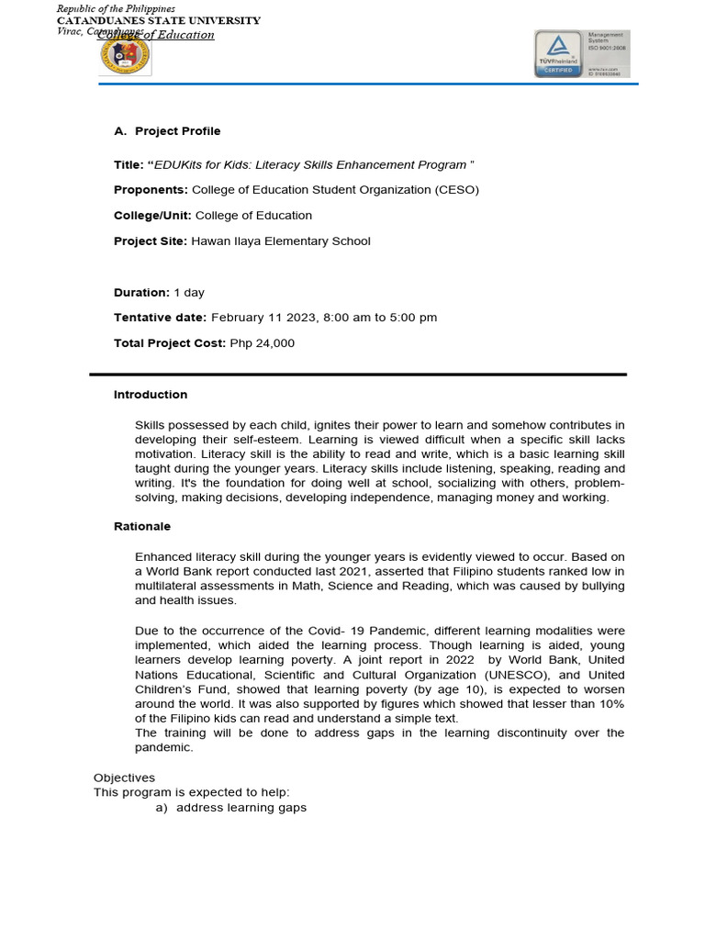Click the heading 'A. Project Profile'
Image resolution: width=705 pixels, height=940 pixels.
167,131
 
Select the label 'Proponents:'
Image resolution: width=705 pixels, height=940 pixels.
151,190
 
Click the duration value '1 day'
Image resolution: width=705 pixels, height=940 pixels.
189,293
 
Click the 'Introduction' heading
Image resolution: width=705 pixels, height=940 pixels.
151,395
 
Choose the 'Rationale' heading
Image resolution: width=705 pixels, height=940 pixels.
142,527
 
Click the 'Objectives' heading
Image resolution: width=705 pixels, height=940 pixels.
125,778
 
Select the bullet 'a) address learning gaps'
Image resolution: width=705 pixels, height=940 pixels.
231,808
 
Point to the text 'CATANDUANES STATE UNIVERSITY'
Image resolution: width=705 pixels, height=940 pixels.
159,20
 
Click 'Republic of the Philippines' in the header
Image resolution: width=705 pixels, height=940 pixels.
116,8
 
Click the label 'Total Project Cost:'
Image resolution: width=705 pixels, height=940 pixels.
169,343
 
